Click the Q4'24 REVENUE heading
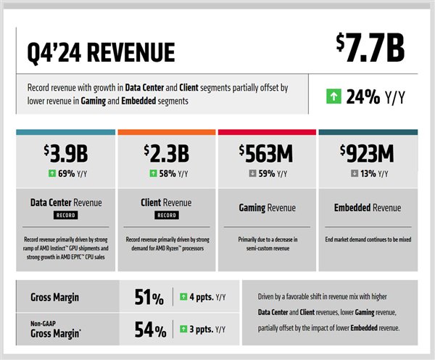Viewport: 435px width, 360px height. [101, 52]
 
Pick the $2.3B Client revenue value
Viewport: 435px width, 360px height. [166, 154]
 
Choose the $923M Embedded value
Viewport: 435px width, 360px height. [368, 154]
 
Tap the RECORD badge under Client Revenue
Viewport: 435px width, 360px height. [166, 216]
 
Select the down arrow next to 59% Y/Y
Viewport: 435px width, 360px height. [250, 174]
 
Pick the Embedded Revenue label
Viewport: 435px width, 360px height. [368, 208]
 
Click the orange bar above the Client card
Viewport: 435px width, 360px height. [166, 132]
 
